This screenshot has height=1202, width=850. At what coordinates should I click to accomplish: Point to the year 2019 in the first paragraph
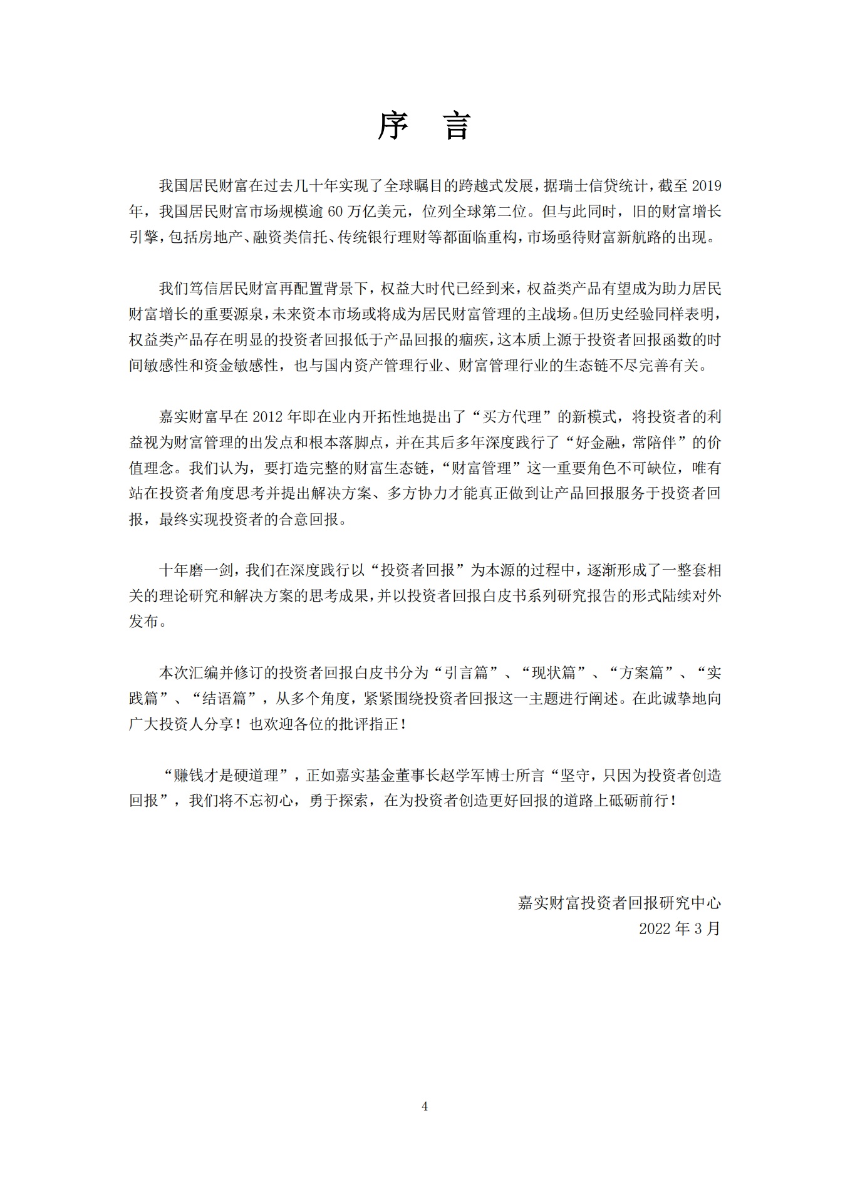click(x=706, y=186)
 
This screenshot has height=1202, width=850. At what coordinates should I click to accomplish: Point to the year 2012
click(x=269, y=417)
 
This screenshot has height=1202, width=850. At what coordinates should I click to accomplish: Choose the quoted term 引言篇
click(x=466, y=673)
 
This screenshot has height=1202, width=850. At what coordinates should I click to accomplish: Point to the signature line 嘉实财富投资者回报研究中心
click(x=619, y=903)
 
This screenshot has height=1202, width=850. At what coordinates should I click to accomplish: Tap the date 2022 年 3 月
click(x=680, y=928)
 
